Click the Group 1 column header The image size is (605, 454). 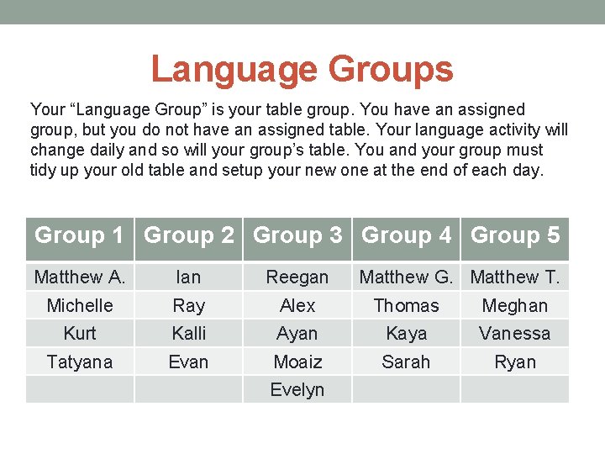[79, 235]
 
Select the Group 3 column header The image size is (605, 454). [297, 235]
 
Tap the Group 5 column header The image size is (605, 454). [515, 235]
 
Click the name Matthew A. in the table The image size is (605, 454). [80, 277]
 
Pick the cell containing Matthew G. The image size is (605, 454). [407, 277]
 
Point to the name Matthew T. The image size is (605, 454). [515, 277]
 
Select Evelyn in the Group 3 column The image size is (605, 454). [297, 389]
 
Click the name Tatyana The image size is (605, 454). [80, 362]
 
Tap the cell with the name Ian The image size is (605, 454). [189, 277]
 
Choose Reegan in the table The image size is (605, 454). [297, 277]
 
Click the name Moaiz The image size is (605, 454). [297, 362]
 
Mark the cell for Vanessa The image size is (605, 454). [515, 333]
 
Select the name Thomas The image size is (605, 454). [407, 305]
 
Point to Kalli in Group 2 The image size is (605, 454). [189, 333]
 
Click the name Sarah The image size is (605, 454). [407, 362]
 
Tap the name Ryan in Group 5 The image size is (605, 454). [515, 362]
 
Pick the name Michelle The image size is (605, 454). [80, 305]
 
